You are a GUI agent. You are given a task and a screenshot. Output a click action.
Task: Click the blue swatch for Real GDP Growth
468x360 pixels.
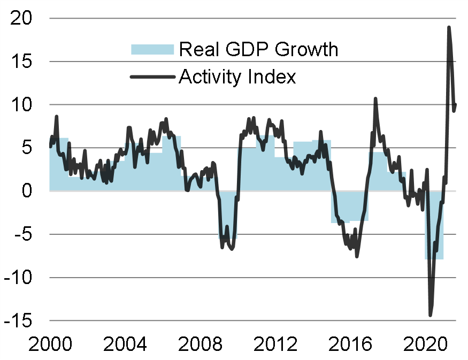pos(152,49)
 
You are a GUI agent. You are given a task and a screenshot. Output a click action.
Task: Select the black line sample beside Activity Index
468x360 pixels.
pos(152,77)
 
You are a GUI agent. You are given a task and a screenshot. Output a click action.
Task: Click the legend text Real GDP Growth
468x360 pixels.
pos(258,49)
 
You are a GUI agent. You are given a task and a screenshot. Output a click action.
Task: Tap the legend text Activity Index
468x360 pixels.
pos(237,77)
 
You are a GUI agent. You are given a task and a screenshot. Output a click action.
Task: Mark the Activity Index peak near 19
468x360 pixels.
pos(449,27)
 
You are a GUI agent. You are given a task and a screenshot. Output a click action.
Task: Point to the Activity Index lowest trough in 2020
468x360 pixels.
pos(430,315)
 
